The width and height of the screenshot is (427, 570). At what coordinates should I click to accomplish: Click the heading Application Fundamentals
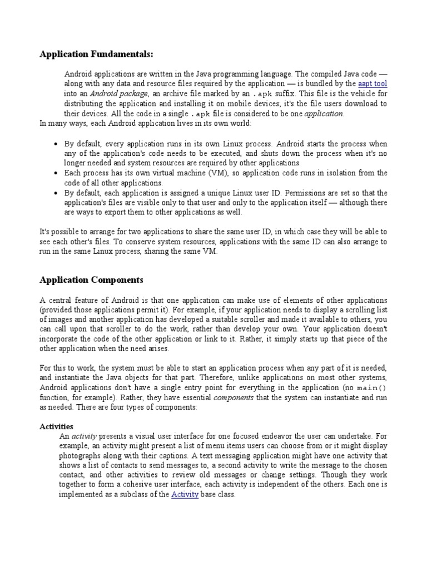(x=96, y=54)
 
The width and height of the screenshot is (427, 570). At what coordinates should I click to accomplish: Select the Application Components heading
(x=91, y=279)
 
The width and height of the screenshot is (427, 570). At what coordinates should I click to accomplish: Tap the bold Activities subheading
(x=56, y=426)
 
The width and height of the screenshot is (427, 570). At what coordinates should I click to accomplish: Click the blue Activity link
(x=185, y=494)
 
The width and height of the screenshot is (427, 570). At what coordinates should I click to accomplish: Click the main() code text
(x=371, y=389)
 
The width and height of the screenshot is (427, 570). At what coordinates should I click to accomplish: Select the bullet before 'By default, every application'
(x=56, y=144)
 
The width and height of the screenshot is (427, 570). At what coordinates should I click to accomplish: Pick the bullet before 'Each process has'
(x=56, y=174)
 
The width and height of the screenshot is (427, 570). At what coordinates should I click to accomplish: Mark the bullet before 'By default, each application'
(x=56, y=193)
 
